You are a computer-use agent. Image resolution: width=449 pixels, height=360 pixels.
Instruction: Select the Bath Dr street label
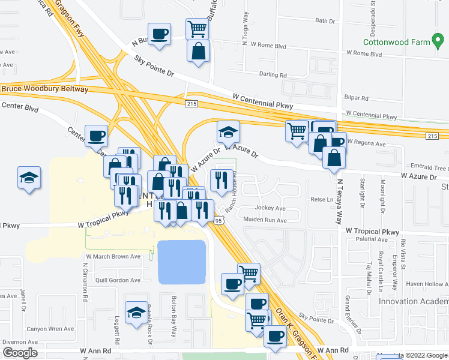coord(324,21)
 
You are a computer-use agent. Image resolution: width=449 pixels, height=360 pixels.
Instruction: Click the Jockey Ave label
coord(270,208)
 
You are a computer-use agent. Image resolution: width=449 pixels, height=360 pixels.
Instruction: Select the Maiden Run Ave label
coord(265,220)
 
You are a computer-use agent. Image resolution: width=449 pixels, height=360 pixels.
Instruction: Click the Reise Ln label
coord(321,199)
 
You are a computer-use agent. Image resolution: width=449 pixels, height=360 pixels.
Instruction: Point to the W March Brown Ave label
coord(113,256)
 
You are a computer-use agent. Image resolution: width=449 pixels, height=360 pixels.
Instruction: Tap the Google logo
coord(20,353)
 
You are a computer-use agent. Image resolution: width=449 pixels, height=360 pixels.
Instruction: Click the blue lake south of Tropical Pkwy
coord(181,262)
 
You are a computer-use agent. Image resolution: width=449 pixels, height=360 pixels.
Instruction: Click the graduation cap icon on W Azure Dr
coord(228,131)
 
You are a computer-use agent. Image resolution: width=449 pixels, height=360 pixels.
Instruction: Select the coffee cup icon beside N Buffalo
coord(159,34)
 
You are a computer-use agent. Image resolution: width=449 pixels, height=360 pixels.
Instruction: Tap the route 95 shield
coord(220,221)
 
